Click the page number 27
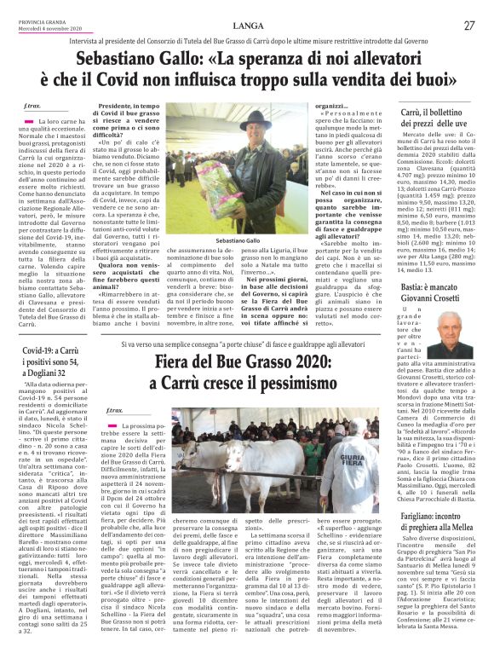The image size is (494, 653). tap(468, 25)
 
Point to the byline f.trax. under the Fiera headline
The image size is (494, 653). tap(116, 412)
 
